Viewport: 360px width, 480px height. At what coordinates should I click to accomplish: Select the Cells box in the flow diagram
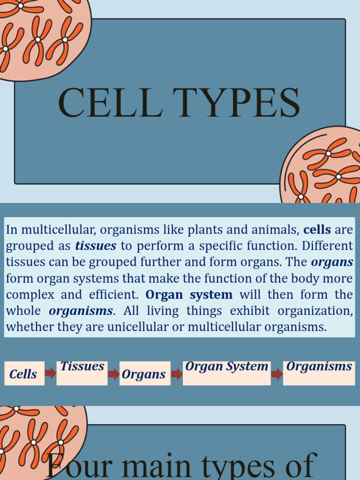pyautogui.click(x=24, y=374)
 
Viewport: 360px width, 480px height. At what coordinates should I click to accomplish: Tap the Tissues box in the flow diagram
pyautogui.click(x=82, y=373)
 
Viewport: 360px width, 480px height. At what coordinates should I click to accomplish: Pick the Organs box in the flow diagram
pyautogui.click(x=144, y=374)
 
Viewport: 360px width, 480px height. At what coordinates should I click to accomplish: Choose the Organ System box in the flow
pyautogui.click(x=226, y=373)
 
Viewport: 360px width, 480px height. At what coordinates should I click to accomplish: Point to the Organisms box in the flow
pyautogui.click(x=319, y=373)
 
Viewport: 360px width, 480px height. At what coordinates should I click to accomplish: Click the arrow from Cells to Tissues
pyautogui.click(x=51, y=373)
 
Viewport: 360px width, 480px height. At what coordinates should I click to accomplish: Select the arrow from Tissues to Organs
pyautogui.click(x=113, y=374)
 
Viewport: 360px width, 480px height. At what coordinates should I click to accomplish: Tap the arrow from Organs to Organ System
pyautogui.click(x=177, y=374)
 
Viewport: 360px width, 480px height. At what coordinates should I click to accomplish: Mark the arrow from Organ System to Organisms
pyautogui.click(x=277, y=374)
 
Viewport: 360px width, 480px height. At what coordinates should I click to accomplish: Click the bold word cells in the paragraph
pyautogui.click(x=317, y=230)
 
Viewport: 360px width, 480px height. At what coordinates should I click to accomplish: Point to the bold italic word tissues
pyautogui.click(x=96, y=246)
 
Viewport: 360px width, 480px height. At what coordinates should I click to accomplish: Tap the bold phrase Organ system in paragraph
pyautogui.click(x=189, y=295)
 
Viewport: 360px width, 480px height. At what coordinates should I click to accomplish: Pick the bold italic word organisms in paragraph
pyautogui.click(x=81, y=311)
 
